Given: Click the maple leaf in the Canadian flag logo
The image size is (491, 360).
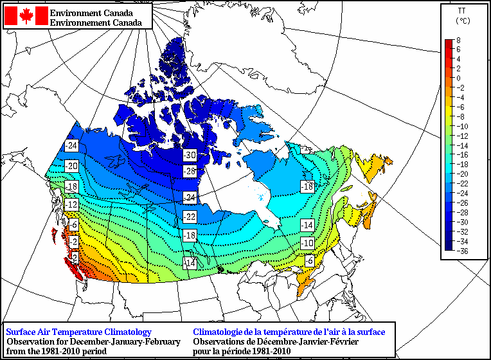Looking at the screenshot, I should coord(26,16).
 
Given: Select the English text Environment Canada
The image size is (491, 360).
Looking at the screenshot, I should coord(93,13).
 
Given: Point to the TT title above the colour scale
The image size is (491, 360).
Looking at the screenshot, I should coord(461,11).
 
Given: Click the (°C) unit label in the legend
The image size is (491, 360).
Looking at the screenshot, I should coord(461,21).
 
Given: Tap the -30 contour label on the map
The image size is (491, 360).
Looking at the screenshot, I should coord(190,156).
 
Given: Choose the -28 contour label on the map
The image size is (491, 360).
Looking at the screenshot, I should coord(190,172).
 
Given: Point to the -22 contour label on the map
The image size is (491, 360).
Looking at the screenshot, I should coord(190,216).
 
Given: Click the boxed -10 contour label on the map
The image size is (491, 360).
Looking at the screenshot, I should coord(308,244).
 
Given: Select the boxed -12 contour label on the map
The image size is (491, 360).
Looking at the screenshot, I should coord(72,204).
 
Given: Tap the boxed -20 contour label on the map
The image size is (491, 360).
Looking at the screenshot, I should coord(72,166).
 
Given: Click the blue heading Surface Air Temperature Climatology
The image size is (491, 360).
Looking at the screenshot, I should coord(78,332).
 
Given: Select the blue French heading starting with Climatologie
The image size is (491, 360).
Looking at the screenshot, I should coord(289,332).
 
